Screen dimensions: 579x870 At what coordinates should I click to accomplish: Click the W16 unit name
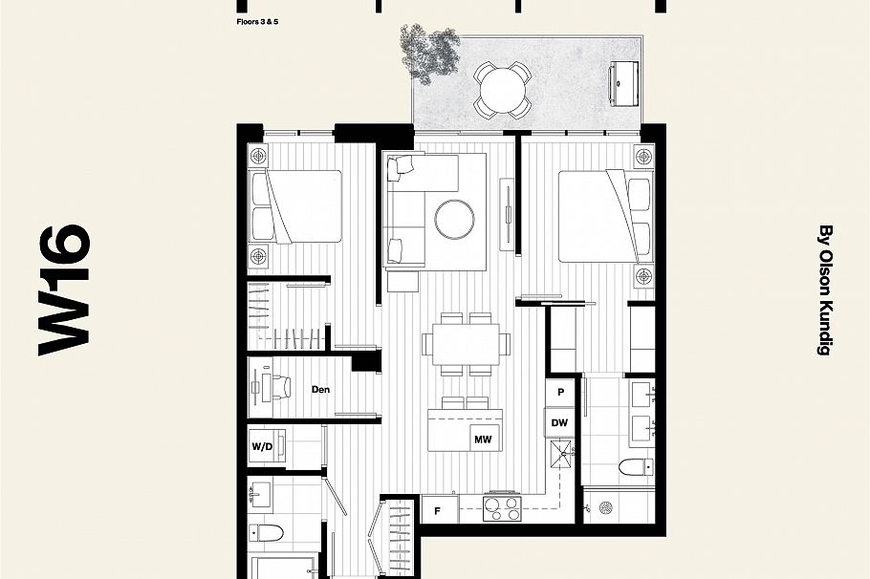pyautogui.click(x=65, y=289)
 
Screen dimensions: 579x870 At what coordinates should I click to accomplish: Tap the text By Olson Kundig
pyautogui.click(x=825, y=290)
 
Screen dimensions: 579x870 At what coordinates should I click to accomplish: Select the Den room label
pyautogui.click(x=321, y=389)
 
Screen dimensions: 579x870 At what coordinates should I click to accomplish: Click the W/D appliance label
pyautogui.click(x=262, y=446)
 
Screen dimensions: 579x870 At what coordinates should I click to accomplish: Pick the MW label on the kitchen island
pyautogui.click(x=482, y=439)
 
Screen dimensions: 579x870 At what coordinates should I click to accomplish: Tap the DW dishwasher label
pyautogui.click(x=559, y=422)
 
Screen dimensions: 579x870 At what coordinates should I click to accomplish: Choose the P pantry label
pyautogui.click(x=560, y=393)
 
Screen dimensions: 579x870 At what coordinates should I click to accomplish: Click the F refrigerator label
pyautogui.click(x=438, y=510)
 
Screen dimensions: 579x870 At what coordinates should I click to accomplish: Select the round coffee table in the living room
pyautogui.click(x=455, y=218)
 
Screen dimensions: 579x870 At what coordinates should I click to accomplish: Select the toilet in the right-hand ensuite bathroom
pyautogui.click(x=635, y=467)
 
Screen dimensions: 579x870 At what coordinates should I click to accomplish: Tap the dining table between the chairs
pyautogui.click(x=466, y=342)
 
